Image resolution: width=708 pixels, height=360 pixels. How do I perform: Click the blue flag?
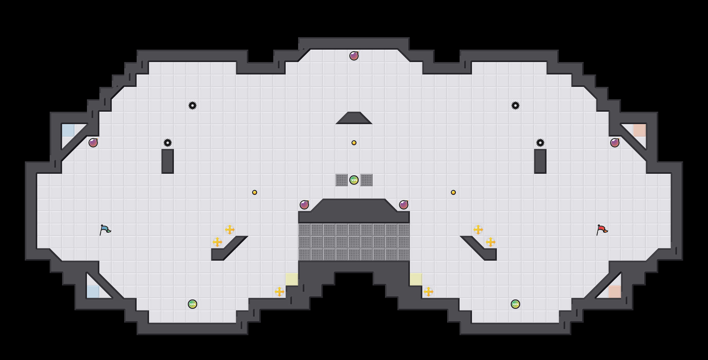click(x=105, y=230)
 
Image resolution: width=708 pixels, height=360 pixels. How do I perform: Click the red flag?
click(x=602, y=230)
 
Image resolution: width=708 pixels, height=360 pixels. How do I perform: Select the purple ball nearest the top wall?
click(x=354, y=56)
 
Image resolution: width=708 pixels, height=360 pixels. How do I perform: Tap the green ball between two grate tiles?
click(x=354, y=180)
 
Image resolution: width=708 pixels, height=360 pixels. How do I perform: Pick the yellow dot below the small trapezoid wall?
click(x=354, y=143)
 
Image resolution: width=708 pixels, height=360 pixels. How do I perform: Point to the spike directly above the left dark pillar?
click(x=168, y=143)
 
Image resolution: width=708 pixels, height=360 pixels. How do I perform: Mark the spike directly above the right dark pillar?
click(x=540, y=143)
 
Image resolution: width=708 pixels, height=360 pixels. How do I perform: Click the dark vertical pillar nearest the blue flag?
click(x=168, y=161)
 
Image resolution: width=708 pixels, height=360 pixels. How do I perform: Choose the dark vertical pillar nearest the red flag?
click(x=540, y=161)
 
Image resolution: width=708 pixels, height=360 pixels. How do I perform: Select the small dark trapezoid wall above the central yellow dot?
click(x=354, y=118)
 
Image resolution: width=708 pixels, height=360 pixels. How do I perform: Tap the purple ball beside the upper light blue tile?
click(x=93, y=143)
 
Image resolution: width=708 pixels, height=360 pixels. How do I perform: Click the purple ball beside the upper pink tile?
click(x=615, y=143)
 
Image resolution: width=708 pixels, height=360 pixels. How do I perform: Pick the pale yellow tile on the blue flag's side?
click(x=292, y=279)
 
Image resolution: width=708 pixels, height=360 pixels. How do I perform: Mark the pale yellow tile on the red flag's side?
click(x=416, y=279)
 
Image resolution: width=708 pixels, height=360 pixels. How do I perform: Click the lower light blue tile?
click(x=93, y=292)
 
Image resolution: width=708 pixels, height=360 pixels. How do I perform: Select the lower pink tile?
click(x=615, y=292)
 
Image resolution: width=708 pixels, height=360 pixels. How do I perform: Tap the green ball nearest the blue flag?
click(x=193, y=304)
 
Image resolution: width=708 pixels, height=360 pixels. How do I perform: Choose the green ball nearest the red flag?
click(x=515, y=304)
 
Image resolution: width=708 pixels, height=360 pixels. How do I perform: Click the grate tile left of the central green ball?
click(x=342, y=180)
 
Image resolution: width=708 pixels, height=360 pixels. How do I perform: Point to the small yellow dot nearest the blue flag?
click(x=255, y=192)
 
